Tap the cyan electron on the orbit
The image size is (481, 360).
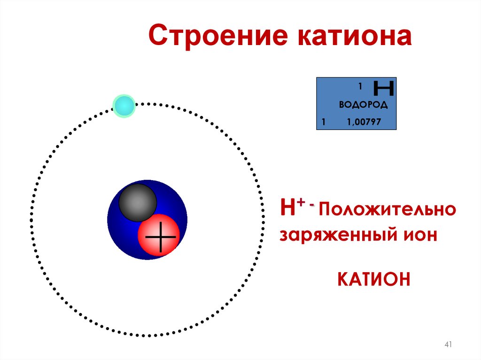pos(124,106)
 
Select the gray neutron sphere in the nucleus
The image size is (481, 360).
pos(137,203)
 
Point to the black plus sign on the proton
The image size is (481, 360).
pos(161,237)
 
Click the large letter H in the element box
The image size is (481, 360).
pos(383,88)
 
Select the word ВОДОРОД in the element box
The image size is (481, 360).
pos(363,105)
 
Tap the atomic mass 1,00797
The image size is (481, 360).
pos(364,123)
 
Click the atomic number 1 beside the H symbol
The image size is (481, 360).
pos(360,87)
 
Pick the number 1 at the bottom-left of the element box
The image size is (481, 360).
pos(323,123)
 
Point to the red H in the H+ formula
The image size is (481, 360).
pos(287,208)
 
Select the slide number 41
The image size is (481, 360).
pos(448,345)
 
